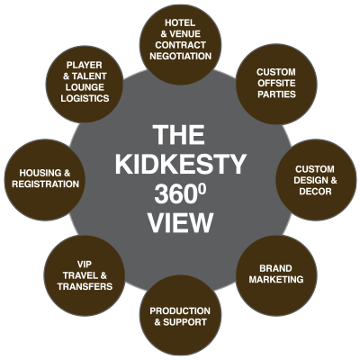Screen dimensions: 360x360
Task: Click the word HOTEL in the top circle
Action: click(180, 22)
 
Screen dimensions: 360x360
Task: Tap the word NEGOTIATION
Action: click(181, 56)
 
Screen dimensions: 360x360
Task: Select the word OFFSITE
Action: click(276, 83)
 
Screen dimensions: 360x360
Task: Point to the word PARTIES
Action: click(276, 94)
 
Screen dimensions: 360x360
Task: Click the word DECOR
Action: click(315, 192)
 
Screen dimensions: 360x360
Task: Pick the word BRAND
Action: click(275, 268)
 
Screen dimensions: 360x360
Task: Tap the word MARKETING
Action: click(276, 279)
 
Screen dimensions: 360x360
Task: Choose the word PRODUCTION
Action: click(180, 310)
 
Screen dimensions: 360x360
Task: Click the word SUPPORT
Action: click(184, 322)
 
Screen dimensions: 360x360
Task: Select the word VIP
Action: click(85, 265)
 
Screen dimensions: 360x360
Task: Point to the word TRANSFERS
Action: click(85, 286)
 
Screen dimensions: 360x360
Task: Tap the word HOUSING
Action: click(37, 173)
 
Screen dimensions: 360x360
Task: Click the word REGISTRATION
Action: click(45, 184)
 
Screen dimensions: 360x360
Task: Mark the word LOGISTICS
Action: click(85, 98)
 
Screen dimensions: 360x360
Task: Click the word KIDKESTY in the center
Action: click(181, 165)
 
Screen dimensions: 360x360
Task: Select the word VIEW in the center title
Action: click(181, 223)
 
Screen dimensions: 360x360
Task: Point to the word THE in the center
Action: click(179, 135)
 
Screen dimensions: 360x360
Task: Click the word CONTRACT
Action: click(181, 45)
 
